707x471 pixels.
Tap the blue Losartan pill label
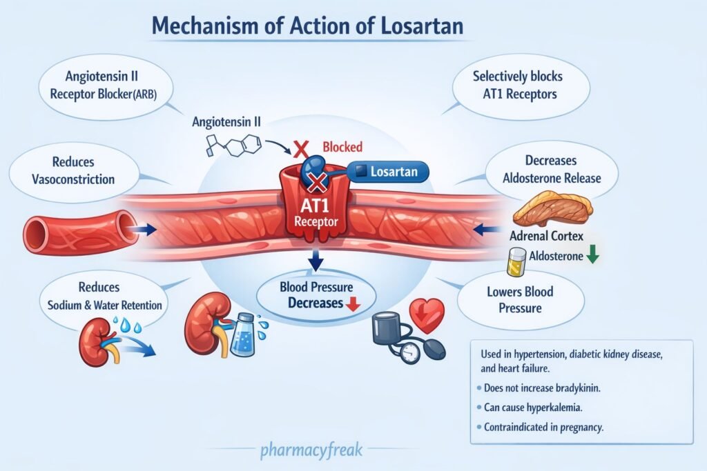click(388, 170)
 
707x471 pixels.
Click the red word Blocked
click(342, 147)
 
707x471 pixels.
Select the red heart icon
click(426, 314)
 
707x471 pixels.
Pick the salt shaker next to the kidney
click(243, 334)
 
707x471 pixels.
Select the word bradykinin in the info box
click(572, 388)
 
